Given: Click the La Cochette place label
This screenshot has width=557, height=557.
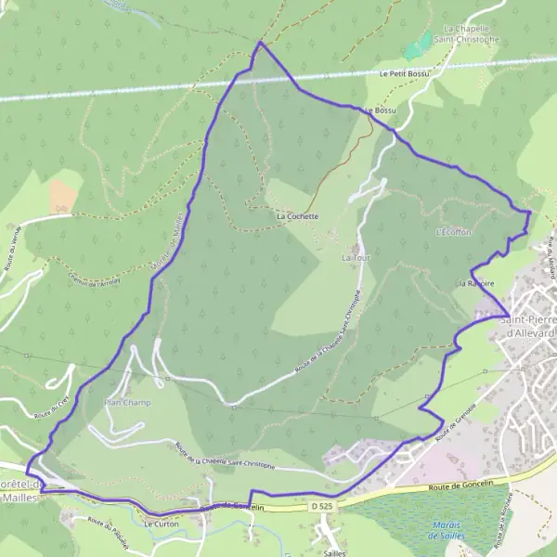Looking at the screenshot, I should click(297, 216).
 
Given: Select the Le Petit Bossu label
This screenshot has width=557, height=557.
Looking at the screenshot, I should click(405, 73).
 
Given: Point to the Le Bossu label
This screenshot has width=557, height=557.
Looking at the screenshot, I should click(381, 110).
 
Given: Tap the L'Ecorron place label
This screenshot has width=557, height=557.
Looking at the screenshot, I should click(453, 232).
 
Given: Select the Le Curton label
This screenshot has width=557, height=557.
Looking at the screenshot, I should click(161, 524).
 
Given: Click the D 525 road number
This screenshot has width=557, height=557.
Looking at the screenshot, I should click(322, 507).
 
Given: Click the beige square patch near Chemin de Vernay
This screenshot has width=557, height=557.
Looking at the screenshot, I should click(64, 194).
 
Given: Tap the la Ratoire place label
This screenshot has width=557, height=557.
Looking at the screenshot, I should click(475, 282).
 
